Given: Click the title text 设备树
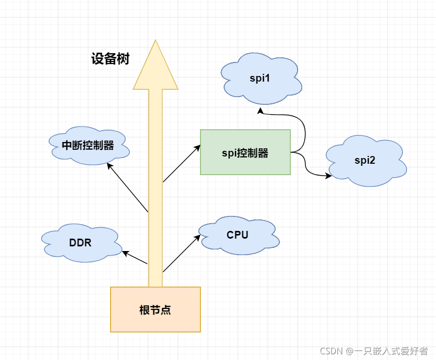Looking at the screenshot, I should coord(110,59).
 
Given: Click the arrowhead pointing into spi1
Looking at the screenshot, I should coord(261,111).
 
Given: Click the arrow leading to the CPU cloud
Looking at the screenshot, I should coord(181,254).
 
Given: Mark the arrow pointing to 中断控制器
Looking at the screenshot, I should coord(127,187).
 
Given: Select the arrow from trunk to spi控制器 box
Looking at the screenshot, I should coord(181,164).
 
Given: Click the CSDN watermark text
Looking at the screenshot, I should coord(373,351).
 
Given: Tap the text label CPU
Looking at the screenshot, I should coord(237,235).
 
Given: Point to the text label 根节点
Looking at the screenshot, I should coord(155,310).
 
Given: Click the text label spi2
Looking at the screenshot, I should coord(365,160).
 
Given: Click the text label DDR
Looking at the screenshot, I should coord(80,242).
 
